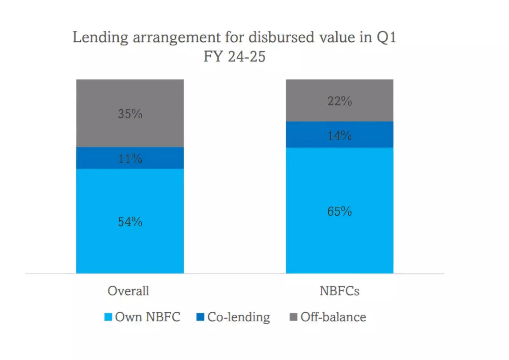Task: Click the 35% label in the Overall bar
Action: click(130, 114)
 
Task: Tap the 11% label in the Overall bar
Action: click(130, 158)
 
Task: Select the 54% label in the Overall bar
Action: click(130, 222)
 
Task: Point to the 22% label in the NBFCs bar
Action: click(339, 101)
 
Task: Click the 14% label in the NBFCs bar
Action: click(339, 135)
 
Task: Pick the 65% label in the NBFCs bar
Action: click(339, 211)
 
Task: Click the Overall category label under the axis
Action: click(128, 291)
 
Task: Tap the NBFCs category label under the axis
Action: click(339, 291)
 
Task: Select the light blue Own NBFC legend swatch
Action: click(108, 317)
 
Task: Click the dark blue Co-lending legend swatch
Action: click(200, 317)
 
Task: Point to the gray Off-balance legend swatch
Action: click(293, 317)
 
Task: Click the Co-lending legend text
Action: click(239, 317)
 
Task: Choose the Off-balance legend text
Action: click(333, 317)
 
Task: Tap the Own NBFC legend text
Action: click(148, 317)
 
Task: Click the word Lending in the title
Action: click(100, 38)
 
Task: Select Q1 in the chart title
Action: click(386, 38)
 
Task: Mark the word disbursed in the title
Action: click(282, 38)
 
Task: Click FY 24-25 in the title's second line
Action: click(234, 57)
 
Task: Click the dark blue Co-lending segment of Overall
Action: click(95, 158)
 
